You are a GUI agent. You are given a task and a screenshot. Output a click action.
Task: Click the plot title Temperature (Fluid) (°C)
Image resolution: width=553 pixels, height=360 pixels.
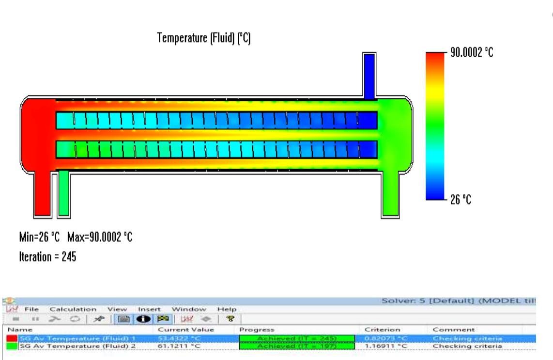[x=203, y=39]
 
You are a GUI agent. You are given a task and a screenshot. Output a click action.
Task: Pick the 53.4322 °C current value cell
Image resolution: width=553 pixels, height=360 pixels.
[x=177, y=338]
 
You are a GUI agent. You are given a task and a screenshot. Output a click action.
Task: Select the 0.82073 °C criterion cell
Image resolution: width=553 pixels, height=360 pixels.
[x=380, y=338]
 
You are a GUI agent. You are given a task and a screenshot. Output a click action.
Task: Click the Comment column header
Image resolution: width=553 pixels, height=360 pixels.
[x=450, y=329]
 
